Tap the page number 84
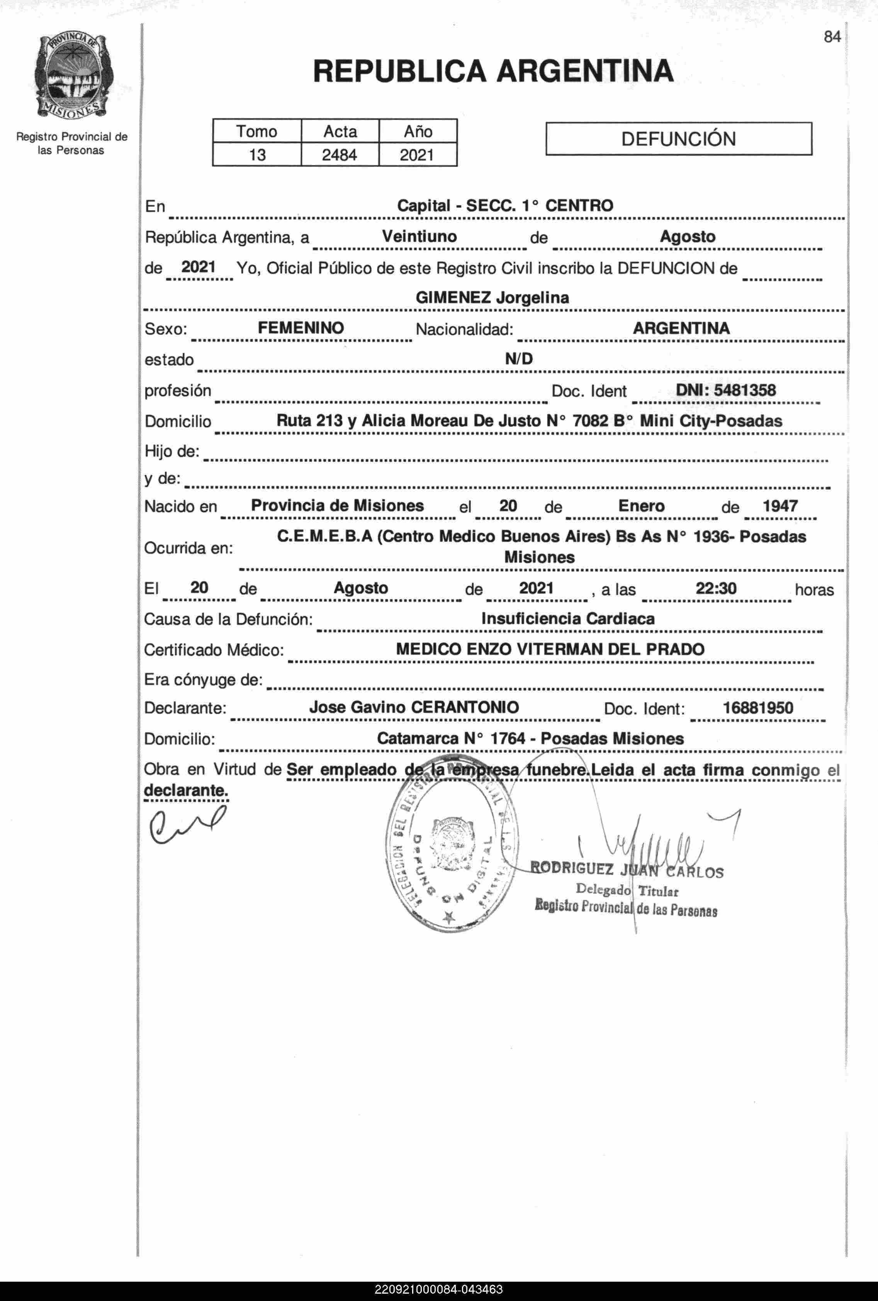(x=832, y=37)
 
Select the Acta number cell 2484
(x=339, y=155)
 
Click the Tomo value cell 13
(x=257, y=155)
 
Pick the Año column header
(x=418, y=131)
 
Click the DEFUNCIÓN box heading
(x=678, y=139)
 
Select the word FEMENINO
(x=301, y=328)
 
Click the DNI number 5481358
(x=744, y=390)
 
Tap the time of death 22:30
(x=716, y=588)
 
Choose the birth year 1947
(x=780, y=506)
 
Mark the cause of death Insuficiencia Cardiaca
(x=567, y=618)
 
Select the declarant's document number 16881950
(x=758, y=708)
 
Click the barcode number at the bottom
(x=439, y=1290)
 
